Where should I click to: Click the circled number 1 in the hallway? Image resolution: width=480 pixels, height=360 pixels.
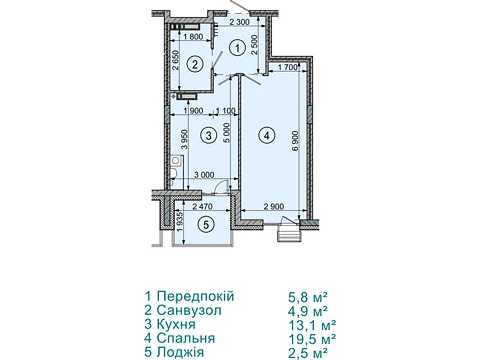237,48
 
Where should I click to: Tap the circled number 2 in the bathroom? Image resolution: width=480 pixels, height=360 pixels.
195,63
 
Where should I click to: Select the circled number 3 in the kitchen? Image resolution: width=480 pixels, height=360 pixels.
209,136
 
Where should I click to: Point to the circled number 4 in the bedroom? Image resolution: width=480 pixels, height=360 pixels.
266,136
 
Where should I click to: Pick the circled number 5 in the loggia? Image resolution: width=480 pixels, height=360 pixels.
206,225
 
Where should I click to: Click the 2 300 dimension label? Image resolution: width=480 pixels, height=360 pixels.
240,23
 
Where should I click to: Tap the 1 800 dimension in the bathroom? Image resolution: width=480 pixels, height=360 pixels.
193,37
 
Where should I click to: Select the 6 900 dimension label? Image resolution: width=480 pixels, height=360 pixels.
296,141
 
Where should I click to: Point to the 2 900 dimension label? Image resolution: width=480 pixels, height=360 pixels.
274,207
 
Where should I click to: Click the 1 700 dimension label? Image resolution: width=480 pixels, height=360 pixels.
287,67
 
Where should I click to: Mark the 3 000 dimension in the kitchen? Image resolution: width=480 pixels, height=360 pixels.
204,175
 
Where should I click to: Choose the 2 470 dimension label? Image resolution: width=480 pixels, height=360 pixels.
202,207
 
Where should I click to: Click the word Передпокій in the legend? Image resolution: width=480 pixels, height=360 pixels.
196,296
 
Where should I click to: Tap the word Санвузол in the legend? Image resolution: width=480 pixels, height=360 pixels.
189,310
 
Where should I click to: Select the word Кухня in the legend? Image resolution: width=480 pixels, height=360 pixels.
176,324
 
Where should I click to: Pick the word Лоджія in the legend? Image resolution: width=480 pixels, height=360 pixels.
180,352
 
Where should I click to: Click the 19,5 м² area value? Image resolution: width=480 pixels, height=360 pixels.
312,339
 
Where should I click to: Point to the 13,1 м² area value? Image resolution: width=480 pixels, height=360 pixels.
312,325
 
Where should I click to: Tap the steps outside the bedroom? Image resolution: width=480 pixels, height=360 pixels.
290,233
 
